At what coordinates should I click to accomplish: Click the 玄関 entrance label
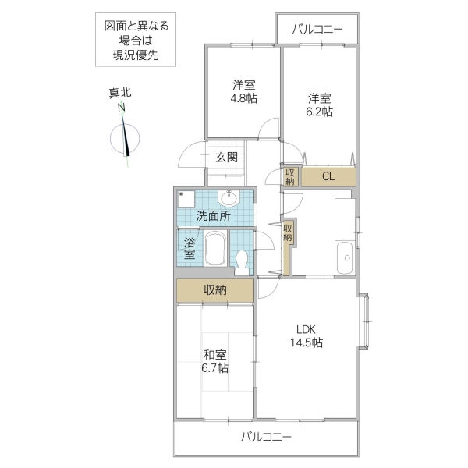[x=226, y=158]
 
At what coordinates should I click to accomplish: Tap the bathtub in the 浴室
[x=215, y=250]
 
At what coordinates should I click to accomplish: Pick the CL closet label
[x=328, y=176]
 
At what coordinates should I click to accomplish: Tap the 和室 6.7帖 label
[x=216, y=360]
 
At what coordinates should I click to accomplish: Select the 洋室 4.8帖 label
[x=244, y=91]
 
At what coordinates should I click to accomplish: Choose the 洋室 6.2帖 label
[x=319, y=105]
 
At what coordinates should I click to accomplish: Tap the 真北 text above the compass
[x=120, y=93]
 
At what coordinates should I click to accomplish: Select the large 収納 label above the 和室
[x=215, y=290]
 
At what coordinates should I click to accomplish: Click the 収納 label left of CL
[x=290, y=177]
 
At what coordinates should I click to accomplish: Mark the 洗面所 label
[x=212, y=216]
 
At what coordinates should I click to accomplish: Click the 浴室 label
[x=190, y=248]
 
